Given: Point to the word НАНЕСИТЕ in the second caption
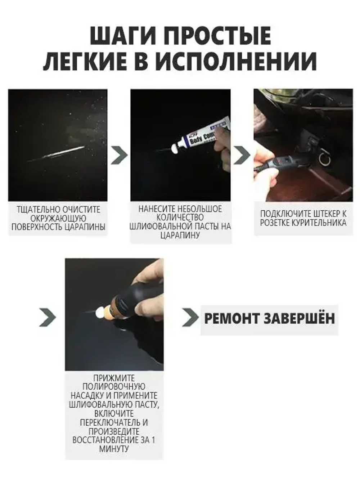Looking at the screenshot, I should coord(156,209).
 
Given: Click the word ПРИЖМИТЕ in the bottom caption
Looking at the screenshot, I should coord(114,378).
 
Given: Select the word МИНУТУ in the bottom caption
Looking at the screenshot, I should coord(114,449).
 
